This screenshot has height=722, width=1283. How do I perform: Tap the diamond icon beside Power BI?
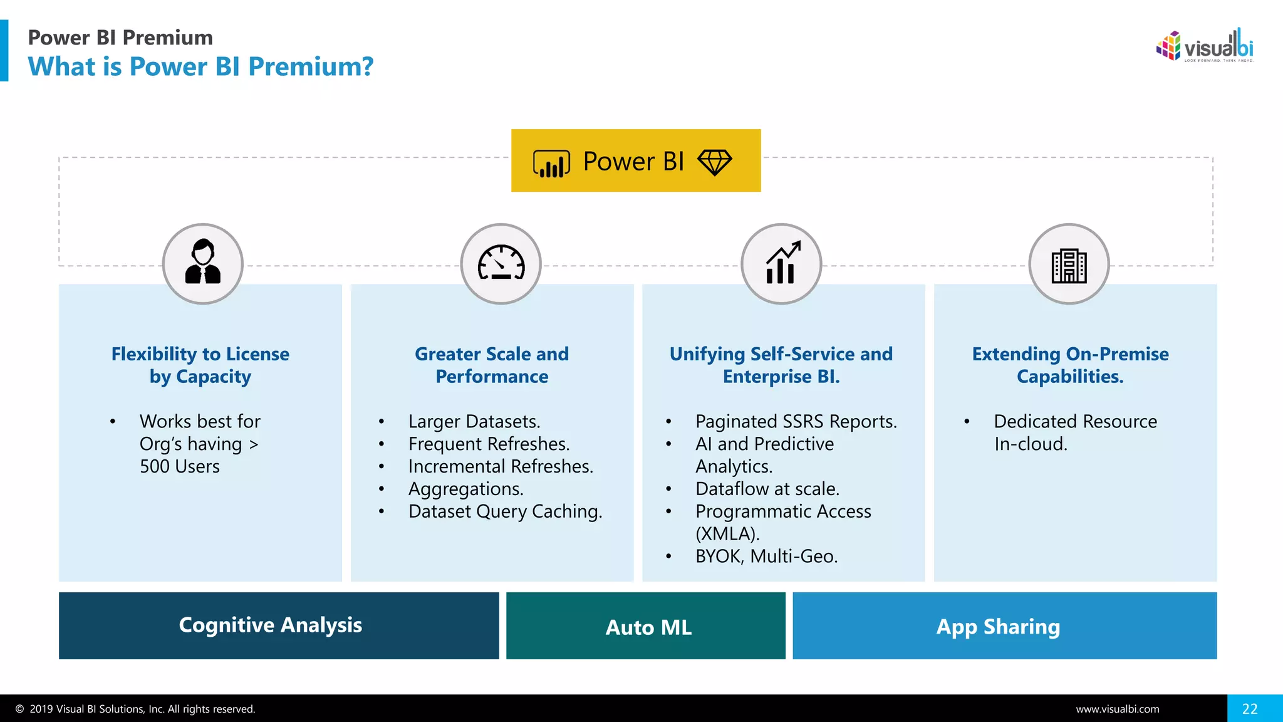714,162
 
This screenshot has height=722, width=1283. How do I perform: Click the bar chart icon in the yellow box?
551,164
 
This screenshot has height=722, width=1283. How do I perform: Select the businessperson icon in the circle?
203,263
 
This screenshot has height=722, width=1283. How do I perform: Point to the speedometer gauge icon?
501,263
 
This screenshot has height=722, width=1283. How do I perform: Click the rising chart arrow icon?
782,263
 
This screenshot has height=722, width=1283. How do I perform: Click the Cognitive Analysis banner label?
270,625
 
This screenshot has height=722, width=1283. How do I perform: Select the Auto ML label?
648,627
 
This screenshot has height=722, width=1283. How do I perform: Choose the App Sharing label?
998,627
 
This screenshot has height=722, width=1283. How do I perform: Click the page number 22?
1250,709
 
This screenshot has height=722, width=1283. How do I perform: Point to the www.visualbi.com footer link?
1118,709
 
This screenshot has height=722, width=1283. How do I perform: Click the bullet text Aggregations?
465,489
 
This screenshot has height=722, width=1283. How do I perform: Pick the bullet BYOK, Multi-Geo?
766,557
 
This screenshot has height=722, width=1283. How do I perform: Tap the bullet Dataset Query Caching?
505,511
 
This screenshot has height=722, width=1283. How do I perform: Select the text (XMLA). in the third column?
727,534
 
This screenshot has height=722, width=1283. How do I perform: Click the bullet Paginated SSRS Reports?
796,421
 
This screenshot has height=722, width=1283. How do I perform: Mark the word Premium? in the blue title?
311,66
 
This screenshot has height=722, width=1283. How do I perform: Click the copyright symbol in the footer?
20,709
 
